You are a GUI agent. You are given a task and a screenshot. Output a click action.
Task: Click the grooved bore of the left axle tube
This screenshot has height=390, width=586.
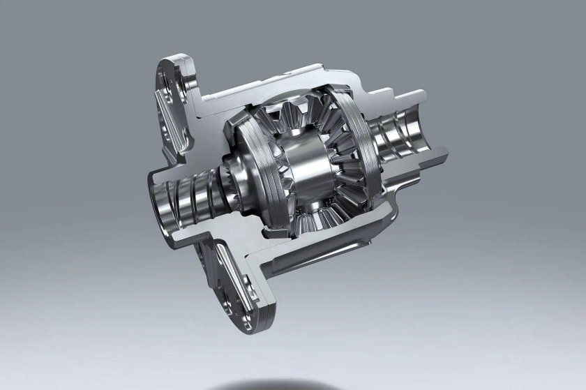[185, 199]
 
